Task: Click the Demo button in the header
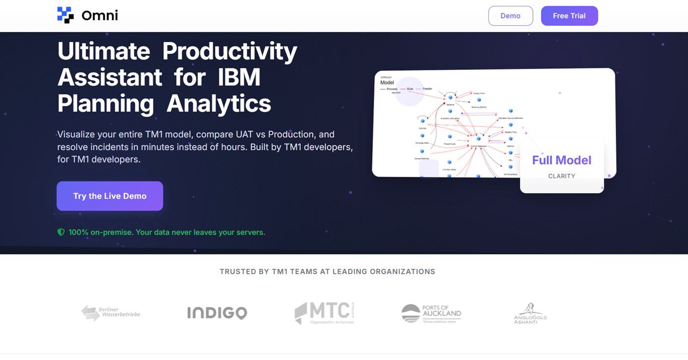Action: (x=510, y=16)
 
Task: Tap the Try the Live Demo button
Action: (x=109, y=196)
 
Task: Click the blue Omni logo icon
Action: (x=65, y=15)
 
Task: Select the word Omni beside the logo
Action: (x=100, y=16)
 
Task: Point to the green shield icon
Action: (x=61, y=232)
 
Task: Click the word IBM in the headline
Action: (x=239, y=77)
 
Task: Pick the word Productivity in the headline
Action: (x=230, y=51)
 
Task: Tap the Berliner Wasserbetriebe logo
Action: (x=111, y=313)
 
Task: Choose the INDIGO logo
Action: (x=217, y=313)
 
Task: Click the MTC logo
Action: (x=325, y=313)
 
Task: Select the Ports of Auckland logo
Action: (x=431, y=313)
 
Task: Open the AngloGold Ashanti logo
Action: (x=530, y=313)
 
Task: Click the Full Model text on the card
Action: (x=562, y=160)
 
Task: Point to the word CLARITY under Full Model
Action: (x=562, y=176)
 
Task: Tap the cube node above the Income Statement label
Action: (x=478, y=139)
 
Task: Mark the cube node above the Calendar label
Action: (x=423, y=121)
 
